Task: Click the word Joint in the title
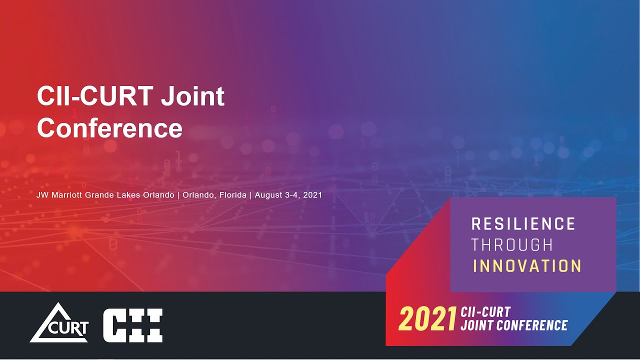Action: pyautogui.click(x=192, y=97)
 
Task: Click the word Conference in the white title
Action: pyautogui.click(x=109, y=128)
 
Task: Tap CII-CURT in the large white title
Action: pyautogui.click(x=95, y=97)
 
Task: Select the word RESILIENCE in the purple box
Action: pyautogui.click(x=523, y=223)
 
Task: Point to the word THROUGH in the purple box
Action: pyautogui.click(x=512, y=245)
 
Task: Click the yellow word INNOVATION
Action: pyautogui.click(x=527, y=266)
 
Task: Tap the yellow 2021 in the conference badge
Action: pyautogui.click(x=427, y=319)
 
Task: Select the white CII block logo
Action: pyautogui.click(x=132, y=325)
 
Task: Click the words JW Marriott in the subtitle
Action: pyautogui.click(x=59, y=195)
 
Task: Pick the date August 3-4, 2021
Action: pyautogui.click(x=288, y=195)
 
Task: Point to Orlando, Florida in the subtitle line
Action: pyautogui.click(x=214, y=195)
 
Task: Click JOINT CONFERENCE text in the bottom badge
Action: pyautogui.click(x=514, y=326)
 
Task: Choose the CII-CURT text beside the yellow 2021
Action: pyautogui.click(x=486, y=312)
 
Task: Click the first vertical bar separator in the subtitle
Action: pyautogui.click(x=178, y=195)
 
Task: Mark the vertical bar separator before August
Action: pyautogui.click(x=250, y=195)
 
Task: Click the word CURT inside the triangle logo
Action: pyautogui.click(x=70, y=328)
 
